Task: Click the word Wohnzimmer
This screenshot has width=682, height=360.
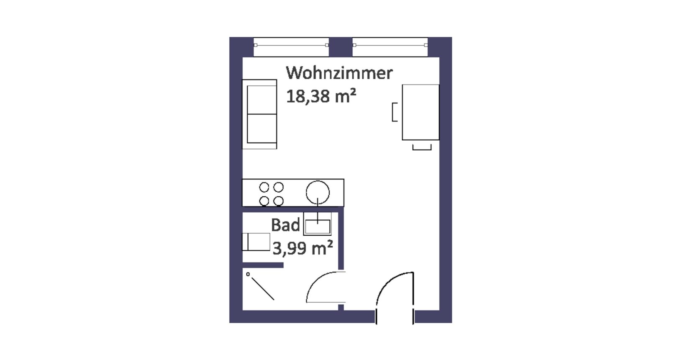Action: (x=339, y=73)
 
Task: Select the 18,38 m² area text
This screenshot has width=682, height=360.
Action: (x=321, y=96)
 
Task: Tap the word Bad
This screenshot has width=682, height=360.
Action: (x=285, y=225)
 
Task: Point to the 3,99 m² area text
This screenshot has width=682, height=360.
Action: (x=303, y=248)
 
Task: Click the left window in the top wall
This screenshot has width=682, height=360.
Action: (x=291, y=47)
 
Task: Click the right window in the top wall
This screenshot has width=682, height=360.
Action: (x=390, y=47)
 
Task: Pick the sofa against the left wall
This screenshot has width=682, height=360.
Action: (x=259, y=114)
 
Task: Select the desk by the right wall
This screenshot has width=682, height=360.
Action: (x=420, y=112)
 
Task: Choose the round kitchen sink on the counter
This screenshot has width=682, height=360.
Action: (x=318, y=192)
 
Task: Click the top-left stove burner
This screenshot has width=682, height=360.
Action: (x=264, y=187)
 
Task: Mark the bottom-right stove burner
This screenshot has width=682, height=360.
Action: (x=278, y=201)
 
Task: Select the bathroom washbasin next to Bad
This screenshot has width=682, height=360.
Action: (x=317, y=224)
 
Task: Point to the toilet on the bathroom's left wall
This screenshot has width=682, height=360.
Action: (x=256, y=242)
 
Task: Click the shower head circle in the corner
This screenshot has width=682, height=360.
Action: (x=248, y=274)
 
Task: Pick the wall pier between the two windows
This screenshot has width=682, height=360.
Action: (x=341, y=47)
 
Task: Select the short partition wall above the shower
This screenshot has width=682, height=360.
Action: (x=263, y=265)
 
